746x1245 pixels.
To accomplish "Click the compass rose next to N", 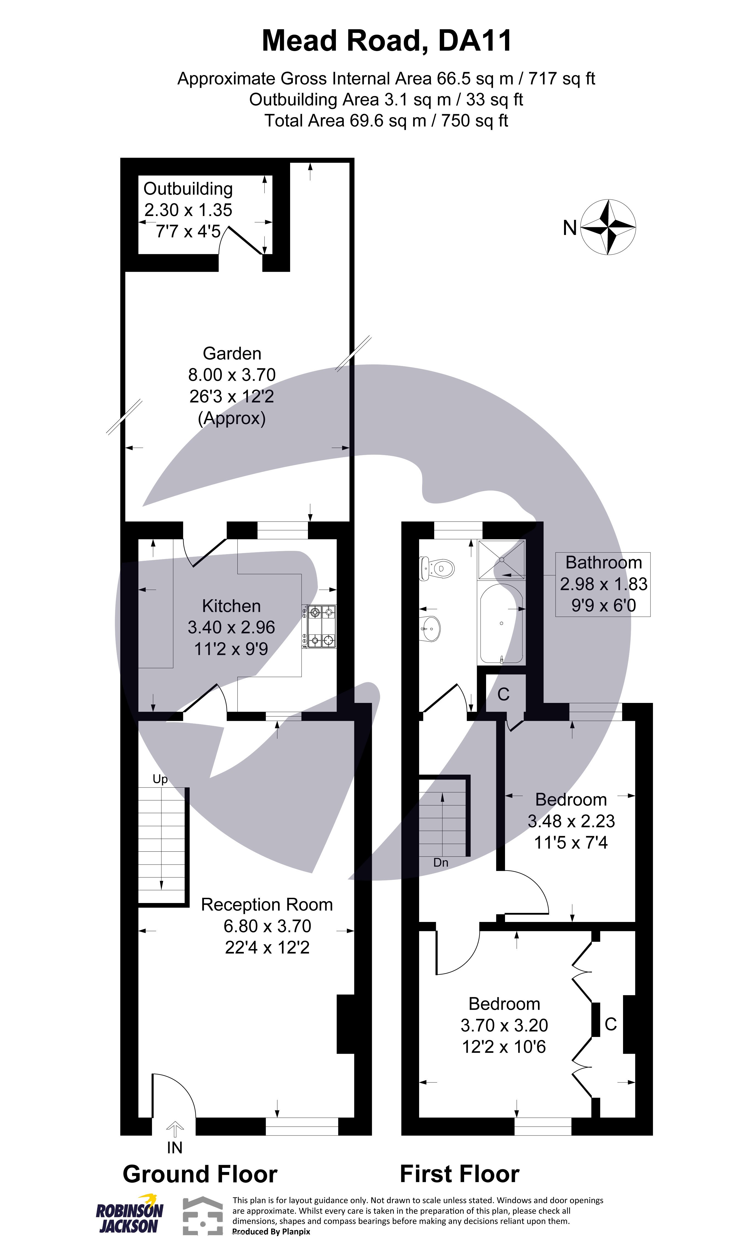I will [x=608, y=227].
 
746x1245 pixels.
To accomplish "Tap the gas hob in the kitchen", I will [x=320, y=626].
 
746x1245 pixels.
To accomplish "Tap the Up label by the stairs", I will [x=160, y=779].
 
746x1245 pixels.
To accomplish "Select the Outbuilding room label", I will [x=188, y=189].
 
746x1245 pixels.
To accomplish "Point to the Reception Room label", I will [x=267, y=905].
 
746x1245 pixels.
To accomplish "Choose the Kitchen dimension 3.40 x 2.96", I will [x=231, y=627].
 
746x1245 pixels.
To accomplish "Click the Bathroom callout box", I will [x=603, y=584].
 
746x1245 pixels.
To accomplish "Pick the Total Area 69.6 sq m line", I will [x=386, y=120].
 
